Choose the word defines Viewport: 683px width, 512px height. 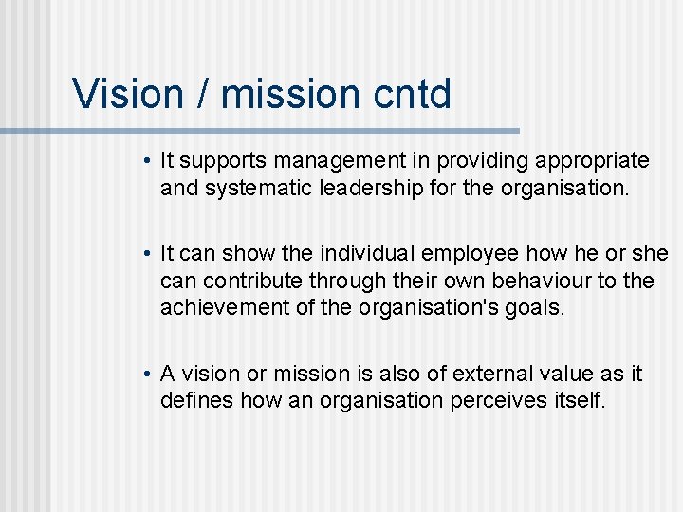click(197, 401)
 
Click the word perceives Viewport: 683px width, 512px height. click(499, 401)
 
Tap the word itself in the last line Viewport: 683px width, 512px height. click(576, 401)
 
